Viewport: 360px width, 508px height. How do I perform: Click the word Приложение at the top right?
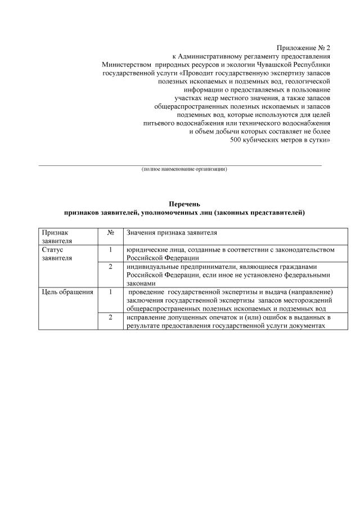pos(295,49)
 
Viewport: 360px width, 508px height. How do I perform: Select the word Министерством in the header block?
pos(127,65)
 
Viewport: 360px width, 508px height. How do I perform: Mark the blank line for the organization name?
pos(180,165)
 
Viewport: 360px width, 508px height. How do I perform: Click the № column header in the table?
pos(111,232)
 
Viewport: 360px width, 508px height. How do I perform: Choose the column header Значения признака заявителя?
pos(172,232)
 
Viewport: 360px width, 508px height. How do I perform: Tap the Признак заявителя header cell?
pos(55,236)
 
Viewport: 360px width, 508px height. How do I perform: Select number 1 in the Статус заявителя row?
pos(111,249)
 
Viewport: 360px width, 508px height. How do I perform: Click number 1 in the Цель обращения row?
pos(111,292)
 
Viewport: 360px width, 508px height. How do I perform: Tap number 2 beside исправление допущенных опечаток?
pos(111,318)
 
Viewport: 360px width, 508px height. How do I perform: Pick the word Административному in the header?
pos(211,57)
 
